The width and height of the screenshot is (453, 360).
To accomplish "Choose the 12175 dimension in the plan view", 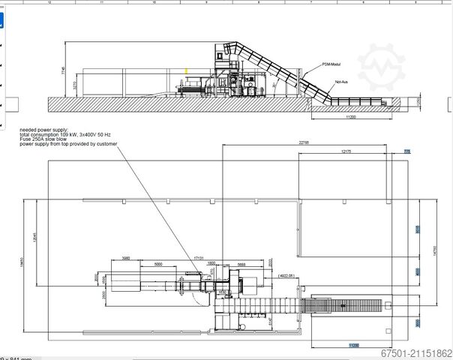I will click(346, 152).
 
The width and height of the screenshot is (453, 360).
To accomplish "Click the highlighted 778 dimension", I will click(408, 151).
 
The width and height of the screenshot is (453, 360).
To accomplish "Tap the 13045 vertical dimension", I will click(34, 238).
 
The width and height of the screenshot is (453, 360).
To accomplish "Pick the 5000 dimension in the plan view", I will click(158, 265).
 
